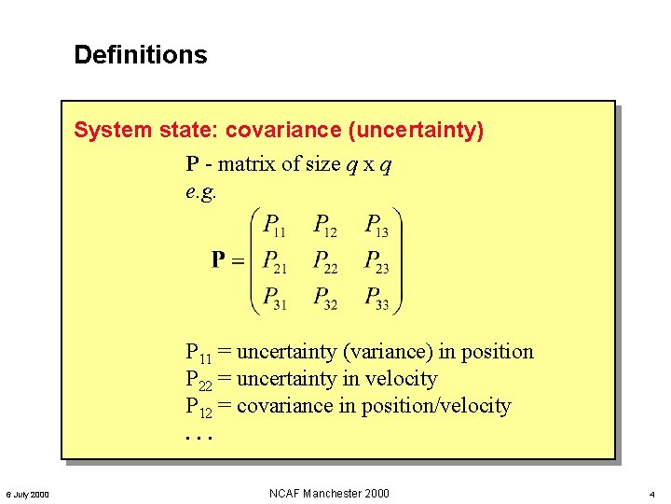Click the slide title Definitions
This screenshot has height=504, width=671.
point(141,55)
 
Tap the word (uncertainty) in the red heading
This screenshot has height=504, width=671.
point(415,130)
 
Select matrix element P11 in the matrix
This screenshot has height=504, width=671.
point(275,226)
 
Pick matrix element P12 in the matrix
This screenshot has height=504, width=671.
point(325,226)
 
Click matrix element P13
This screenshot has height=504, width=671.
point(377,226)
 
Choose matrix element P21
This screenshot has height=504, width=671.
point(275,261)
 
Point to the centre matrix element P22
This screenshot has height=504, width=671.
point(325,261)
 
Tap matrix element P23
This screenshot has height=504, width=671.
point(377,261)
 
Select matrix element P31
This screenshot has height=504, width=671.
point(275,298)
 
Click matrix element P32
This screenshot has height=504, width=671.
point(325,298)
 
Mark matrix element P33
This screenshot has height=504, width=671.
point(377,298)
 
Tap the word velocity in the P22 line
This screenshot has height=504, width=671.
point(401,379)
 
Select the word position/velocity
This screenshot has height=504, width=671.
point(438,406)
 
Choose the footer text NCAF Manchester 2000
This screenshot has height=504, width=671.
point(329,493)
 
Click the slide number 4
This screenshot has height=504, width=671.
point(651,494)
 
